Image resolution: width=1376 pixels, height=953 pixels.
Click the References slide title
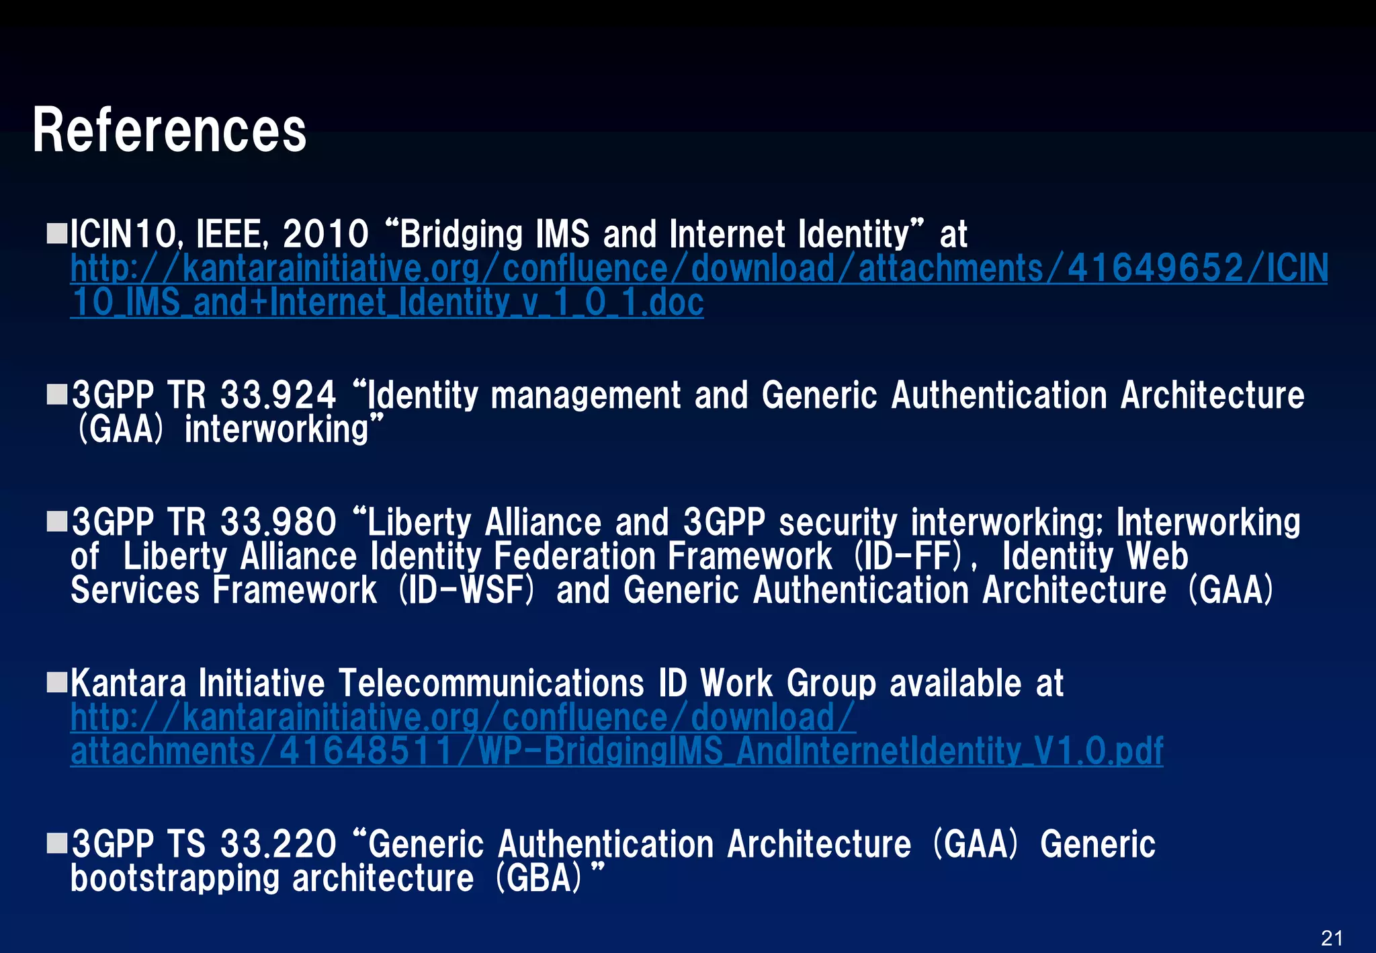pos(169,130)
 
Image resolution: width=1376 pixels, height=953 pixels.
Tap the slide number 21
pos(1332,938)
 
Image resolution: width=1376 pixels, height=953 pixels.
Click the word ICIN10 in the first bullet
pos(124,234)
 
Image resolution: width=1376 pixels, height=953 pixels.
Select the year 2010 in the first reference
pos(326,234)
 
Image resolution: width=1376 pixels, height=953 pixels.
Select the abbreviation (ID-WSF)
pos(467,590)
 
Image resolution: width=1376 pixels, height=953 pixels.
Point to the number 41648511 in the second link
pos(366,751)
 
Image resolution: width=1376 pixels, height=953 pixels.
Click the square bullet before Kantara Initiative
pos(57,682)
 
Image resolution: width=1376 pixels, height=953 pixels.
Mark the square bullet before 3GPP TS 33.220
pos(57,843)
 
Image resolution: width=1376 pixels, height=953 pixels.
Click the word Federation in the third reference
pos(574,556)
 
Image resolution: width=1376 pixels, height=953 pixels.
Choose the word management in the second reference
pos(586,395)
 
